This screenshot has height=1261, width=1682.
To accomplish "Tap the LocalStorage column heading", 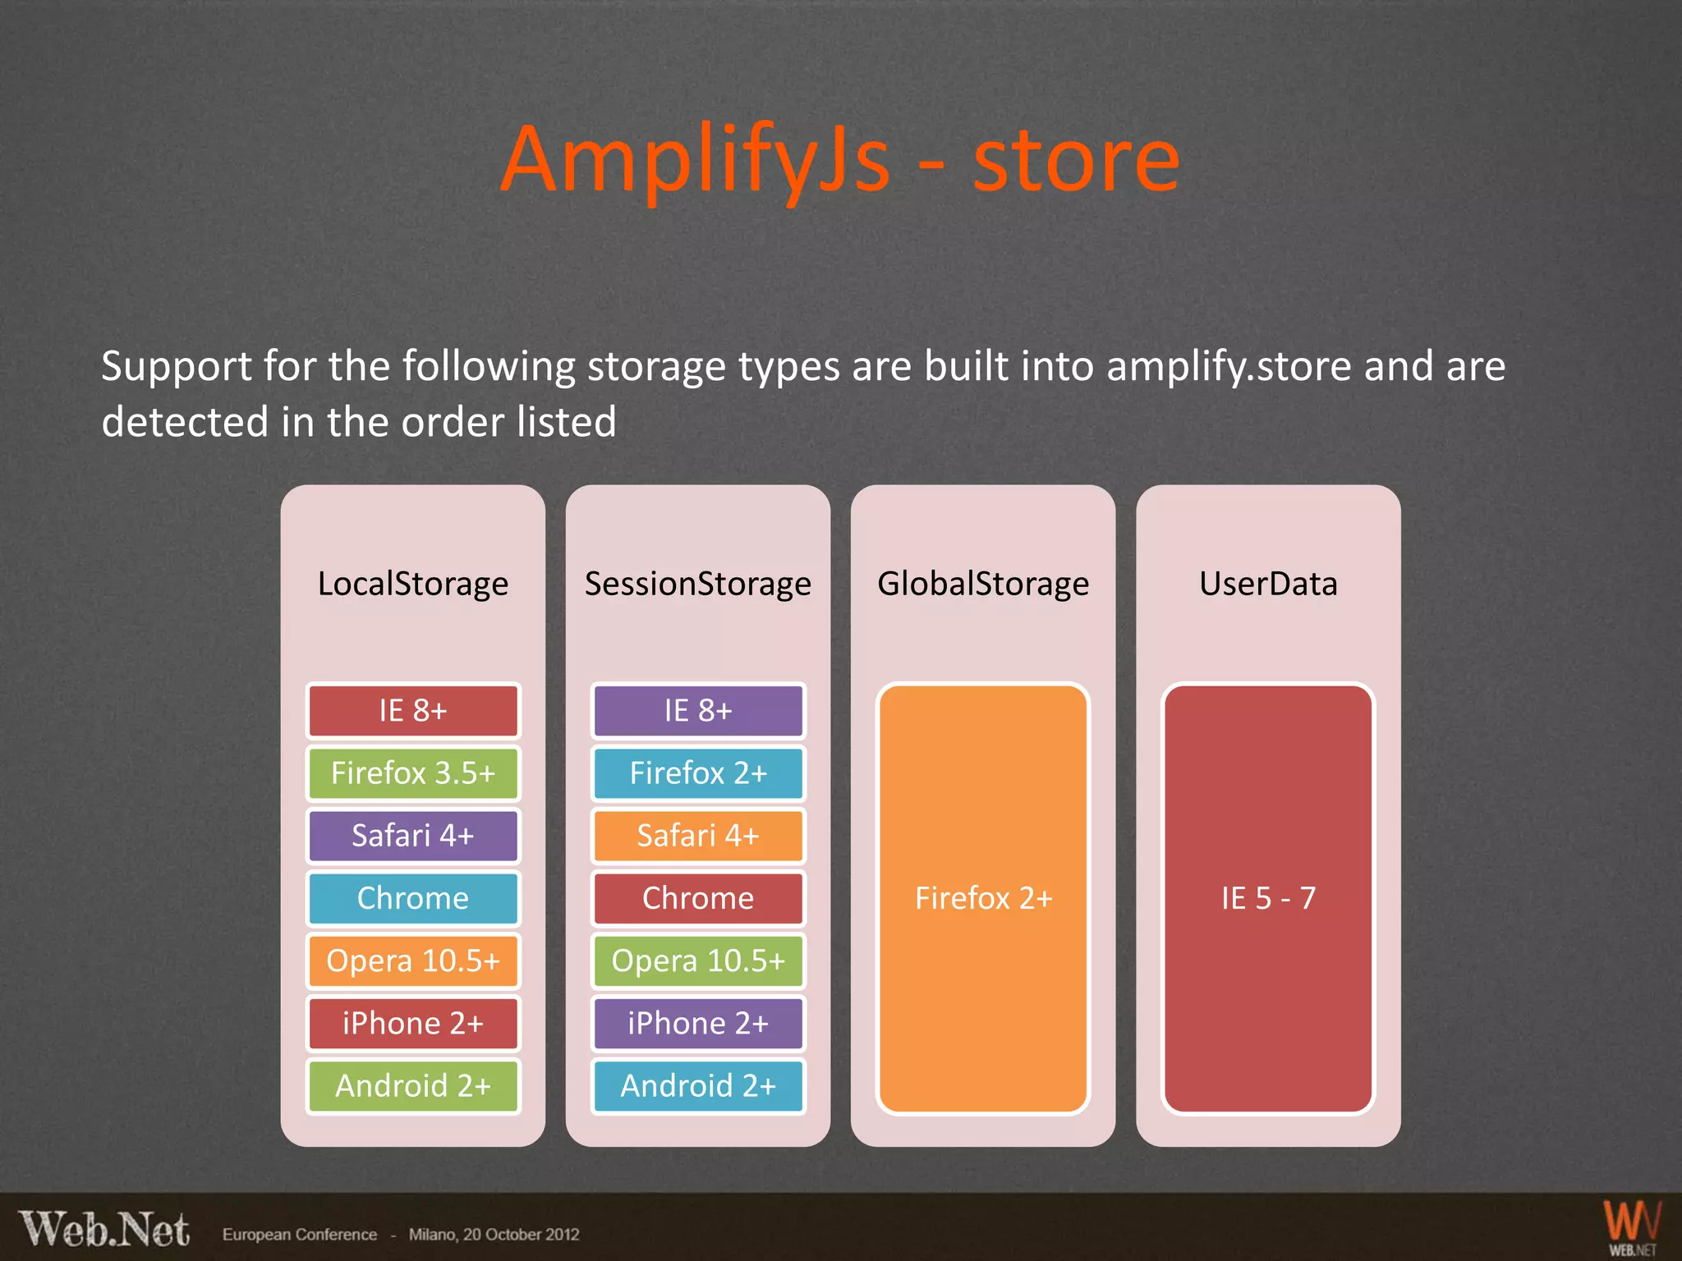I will [412, 584].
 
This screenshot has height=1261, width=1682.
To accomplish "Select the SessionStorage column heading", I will [697, 584].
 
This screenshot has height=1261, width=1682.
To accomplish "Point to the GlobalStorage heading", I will [982, 584].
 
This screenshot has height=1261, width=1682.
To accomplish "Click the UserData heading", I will [1267, 584].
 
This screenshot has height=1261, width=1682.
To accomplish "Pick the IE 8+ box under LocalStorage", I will [412, 710].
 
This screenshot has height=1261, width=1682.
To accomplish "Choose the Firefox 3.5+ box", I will [412, 773].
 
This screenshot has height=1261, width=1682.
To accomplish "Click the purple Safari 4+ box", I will [412, 835].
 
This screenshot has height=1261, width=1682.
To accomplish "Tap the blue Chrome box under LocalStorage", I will [412, 897].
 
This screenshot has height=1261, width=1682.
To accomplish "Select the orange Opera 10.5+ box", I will [412, 961].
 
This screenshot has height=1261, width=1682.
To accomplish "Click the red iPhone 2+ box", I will [412, 1023].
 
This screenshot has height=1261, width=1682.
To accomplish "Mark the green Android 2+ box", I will [412, 1085].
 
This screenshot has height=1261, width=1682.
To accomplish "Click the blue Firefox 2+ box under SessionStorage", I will [697, 773].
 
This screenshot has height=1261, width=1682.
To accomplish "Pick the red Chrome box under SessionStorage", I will [697, 897].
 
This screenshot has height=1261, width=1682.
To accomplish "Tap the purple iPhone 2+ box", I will [697, 1023].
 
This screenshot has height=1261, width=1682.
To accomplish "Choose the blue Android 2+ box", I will [697, 1085].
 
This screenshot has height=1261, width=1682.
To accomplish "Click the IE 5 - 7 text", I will [1267, 898].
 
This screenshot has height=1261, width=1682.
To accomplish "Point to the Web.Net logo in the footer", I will [104, 1230].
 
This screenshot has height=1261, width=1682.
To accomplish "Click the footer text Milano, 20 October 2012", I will [494, 1235].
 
